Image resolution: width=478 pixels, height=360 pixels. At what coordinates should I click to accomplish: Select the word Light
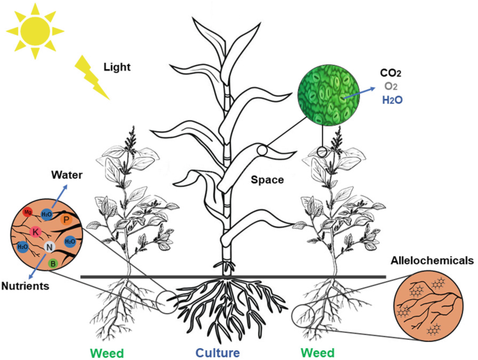[x=117, y=68]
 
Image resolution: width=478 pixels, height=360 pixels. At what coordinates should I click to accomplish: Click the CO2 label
[x=391, y=73]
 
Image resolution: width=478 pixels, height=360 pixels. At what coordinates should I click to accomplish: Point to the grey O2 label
[x=390, y=87]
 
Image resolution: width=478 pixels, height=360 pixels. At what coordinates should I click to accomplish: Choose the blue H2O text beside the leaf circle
[x=392, y=100]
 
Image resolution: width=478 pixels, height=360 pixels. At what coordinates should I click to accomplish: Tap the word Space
[x=268, y=180]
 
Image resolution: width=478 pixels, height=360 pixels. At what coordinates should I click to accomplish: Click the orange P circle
[x=65, y=220]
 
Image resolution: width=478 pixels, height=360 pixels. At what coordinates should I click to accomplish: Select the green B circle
[x=52, y=263]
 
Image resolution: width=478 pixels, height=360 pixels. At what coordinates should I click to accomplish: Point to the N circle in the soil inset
[x=49, y=247]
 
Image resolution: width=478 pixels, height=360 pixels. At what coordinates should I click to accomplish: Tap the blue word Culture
[x=217, y=352]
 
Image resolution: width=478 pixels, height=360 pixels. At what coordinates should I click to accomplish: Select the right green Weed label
[x=318, y=352]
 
